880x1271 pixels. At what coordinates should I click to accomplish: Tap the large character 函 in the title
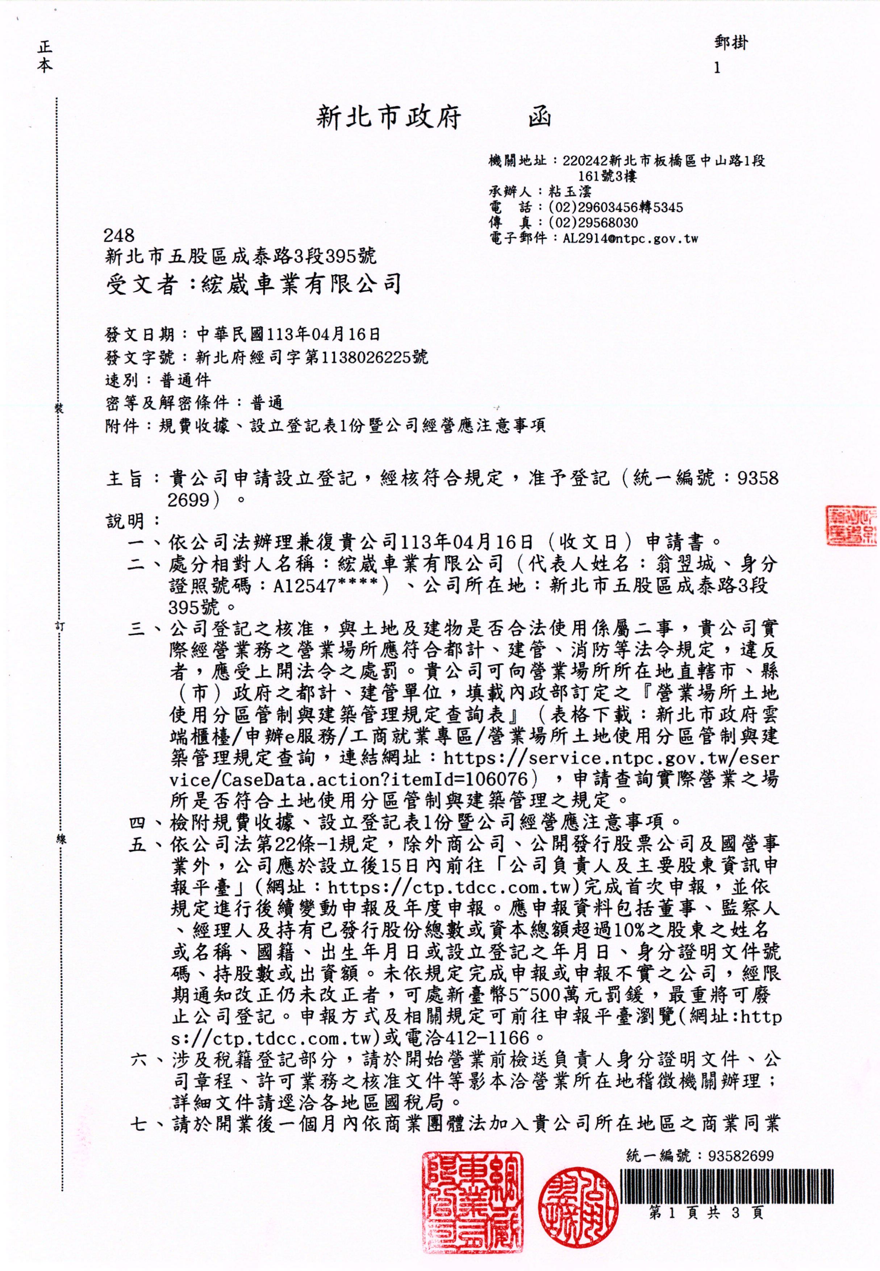[539, 117]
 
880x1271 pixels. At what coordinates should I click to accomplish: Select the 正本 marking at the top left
[45, 57]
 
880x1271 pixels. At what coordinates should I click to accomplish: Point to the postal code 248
[119, 236]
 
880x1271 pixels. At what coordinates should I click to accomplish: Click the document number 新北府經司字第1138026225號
[312, 357]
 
